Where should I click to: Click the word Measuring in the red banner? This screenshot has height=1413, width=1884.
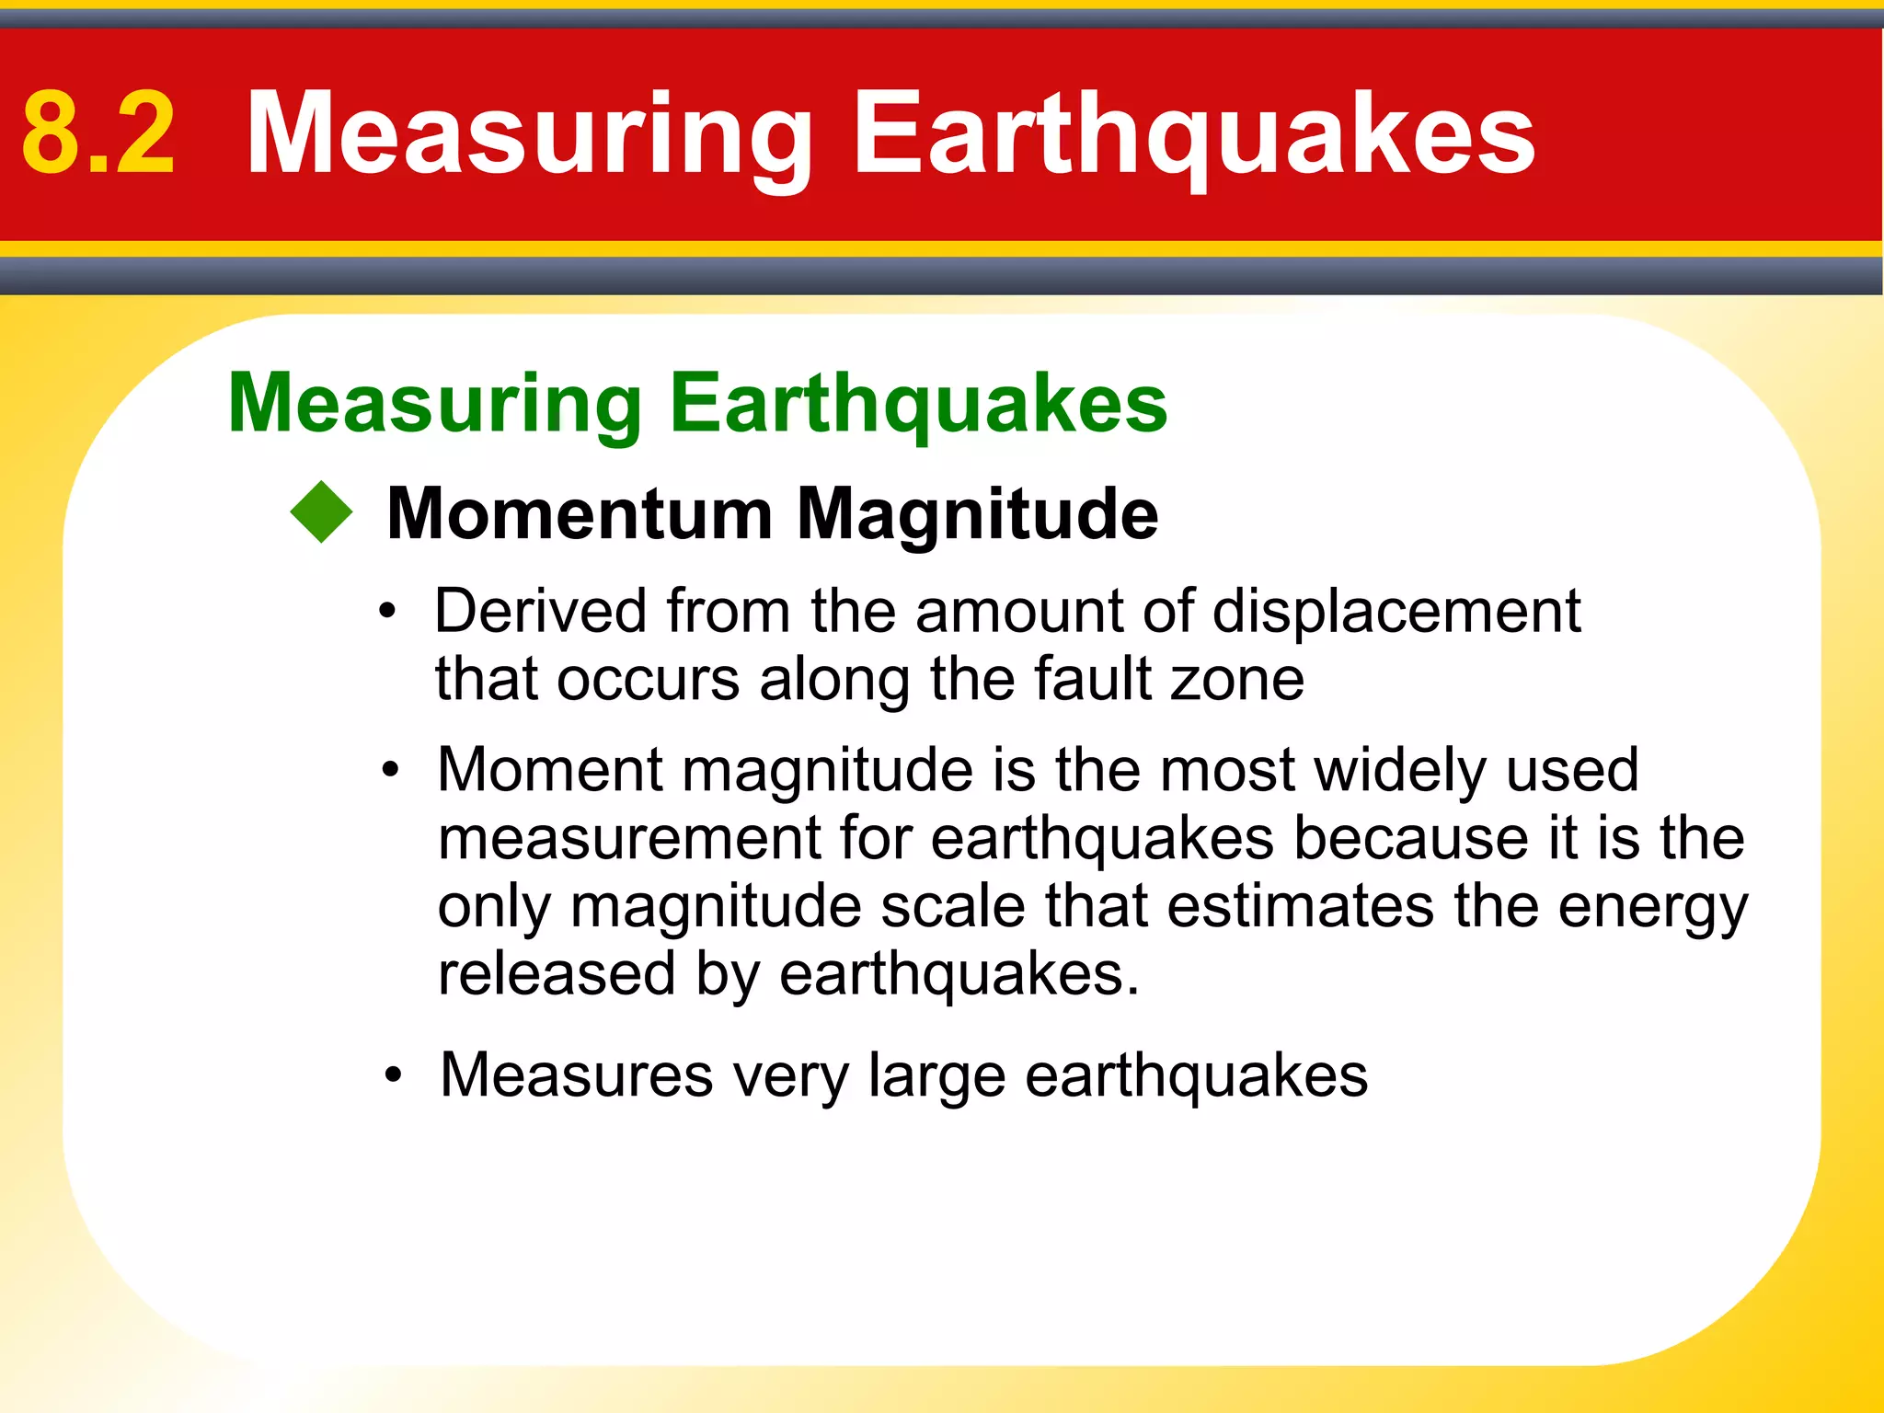(x=529, y=135)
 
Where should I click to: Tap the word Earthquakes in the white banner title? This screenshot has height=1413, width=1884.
(x=1194, y=135)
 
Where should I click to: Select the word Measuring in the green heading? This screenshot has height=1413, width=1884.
(x=434, y=404)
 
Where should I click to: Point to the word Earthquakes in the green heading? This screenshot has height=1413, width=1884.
(x=918, y=404)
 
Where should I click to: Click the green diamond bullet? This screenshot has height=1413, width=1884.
(x=321, y=512)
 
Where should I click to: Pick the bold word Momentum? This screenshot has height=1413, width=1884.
(x=580, y=514)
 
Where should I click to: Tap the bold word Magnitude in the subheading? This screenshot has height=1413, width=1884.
(x=977, y=514)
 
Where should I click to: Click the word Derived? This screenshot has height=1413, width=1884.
(x=540, y=611)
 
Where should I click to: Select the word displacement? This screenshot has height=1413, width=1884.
(x=1396, y=611)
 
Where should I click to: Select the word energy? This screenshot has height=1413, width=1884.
(x=1652, y=906)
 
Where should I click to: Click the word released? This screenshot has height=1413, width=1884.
(x=557, y=974)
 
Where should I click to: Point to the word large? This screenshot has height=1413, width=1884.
(x=936, y=1076)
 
